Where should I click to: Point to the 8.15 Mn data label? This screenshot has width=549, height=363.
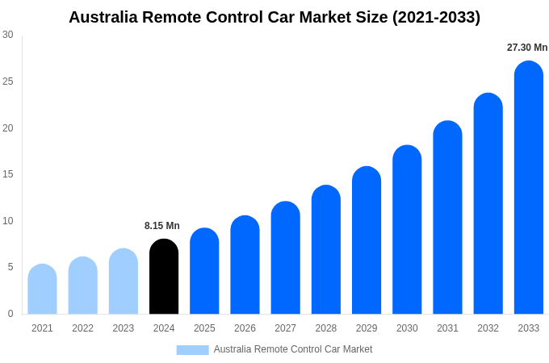162,226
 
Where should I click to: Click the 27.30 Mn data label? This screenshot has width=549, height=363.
527,48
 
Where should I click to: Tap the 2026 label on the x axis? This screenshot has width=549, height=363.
245,328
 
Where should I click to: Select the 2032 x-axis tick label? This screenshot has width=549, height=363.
488,328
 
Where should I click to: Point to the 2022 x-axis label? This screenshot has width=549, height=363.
82,328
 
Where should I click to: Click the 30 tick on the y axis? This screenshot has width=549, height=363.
8,35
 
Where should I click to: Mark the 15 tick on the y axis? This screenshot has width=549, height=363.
8,174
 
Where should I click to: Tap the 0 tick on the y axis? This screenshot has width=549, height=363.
10,314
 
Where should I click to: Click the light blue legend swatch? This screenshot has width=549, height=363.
192,349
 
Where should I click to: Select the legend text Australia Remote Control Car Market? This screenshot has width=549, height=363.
293,349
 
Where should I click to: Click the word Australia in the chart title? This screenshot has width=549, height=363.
103,17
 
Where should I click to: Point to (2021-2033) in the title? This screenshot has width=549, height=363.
436,17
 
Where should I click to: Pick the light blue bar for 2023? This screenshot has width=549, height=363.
124,282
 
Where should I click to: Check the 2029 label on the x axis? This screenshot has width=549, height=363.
366,328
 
